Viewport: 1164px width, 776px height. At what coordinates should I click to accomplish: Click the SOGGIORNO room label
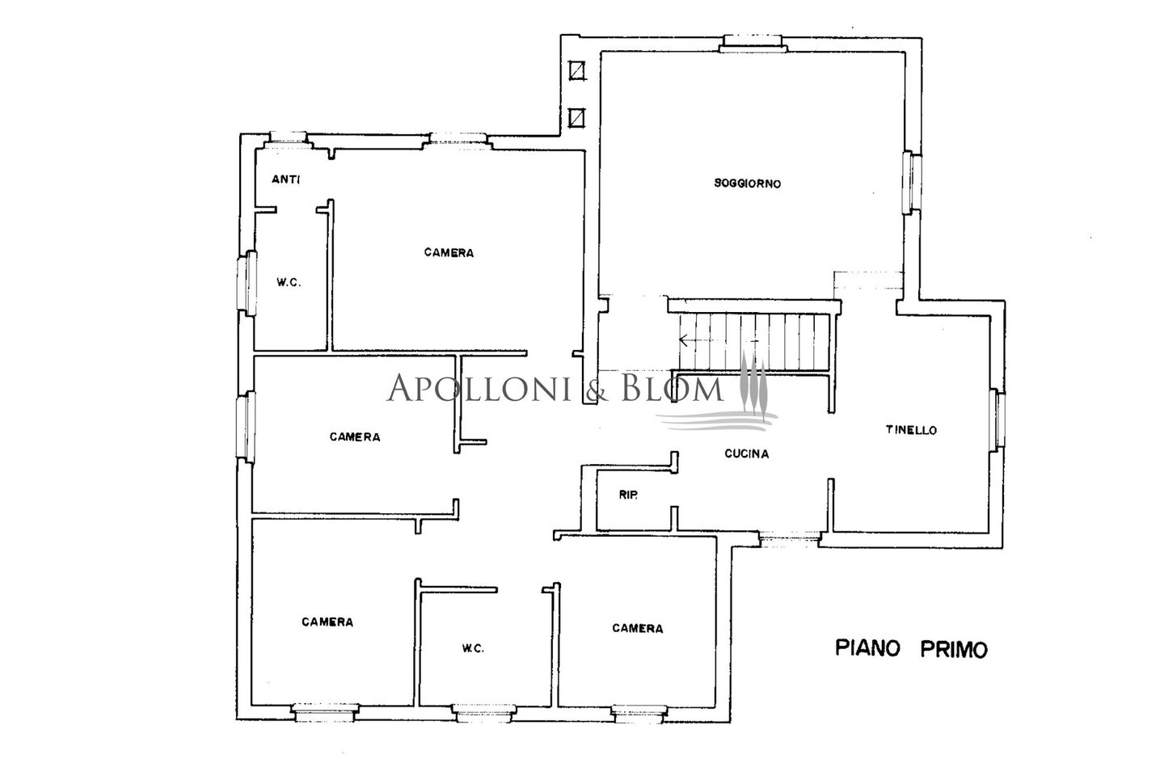click(747, 183)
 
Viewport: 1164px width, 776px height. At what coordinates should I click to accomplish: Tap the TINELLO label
click(911, 430)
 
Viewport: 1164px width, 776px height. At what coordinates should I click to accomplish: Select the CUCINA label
click(747, 453)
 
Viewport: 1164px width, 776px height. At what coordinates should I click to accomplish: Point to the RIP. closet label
click(628, 496)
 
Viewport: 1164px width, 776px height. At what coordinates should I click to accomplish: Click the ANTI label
click(286, 179)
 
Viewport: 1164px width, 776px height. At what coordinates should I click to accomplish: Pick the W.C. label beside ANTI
click(289, 283)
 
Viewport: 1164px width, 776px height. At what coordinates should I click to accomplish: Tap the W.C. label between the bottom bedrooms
click(473, 648)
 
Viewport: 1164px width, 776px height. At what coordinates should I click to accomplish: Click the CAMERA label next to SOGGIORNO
click(449, 253)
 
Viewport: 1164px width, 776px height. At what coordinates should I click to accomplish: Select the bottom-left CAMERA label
click(327, 622)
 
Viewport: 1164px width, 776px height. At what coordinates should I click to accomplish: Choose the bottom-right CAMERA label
click(638, 628)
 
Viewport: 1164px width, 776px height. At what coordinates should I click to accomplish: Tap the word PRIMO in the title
click(954, 650)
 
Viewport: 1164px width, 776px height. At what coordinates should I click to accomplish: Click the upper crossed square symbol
click(576, 70)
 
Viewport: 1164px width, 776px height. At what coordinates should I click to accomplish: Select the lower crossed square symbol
click(576, 118)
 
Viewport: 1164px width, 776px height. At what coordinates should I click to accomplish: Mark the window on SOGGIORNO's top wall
click(753, 43)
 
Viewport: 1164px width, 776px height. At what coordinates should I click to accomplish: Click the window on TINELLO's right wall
click(999, 420)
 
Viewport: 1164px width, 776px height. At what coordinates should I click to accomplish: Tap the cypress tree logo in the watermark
click(753, 382)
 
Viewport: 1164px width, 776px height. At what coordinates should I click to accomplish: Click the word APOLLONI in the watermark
click(479, 388)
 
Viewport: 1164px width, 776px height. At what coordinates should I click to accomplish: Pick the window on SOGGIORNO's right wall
click(912, 183)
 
